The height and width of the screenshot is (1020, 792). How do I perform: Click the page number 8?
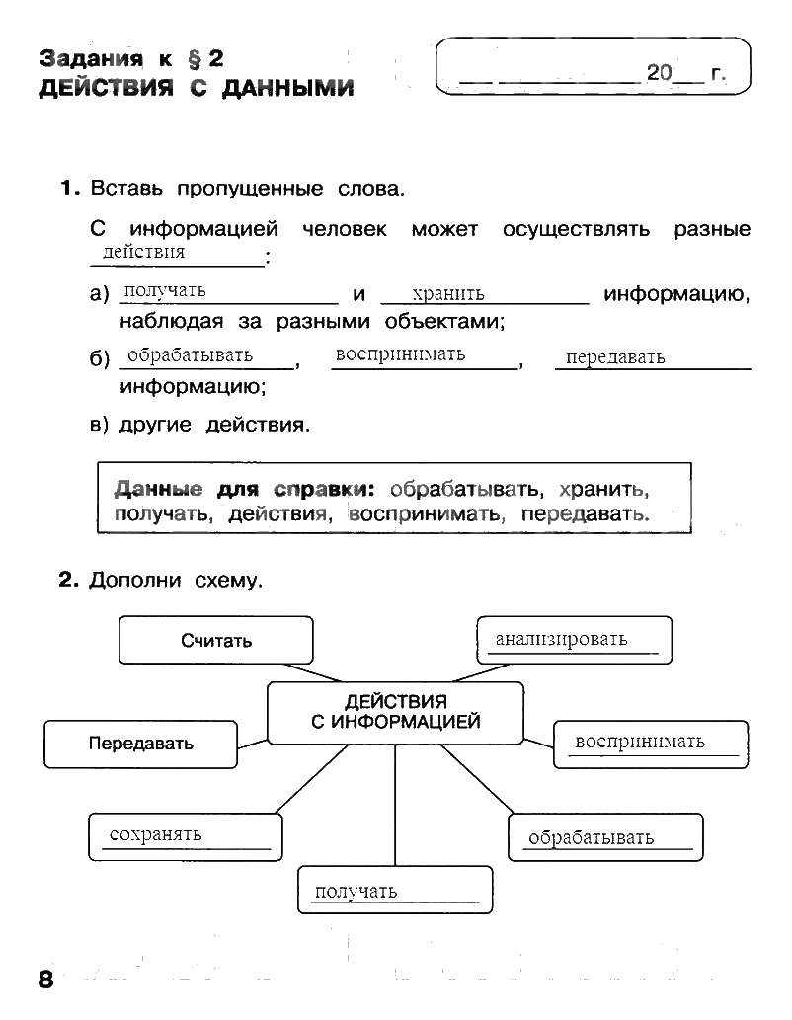click(45, 979)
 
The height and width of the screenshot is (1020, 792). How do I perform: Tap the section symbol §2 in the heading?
click(205, 59)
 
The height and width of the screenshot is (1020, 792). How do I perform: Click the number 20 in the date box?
click(659, 72)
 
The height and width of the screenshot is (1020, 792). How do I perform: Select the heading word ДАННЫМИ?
click(287, 88)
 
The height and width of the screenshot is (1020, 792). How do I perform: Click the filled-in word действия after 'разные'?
click(144, 252)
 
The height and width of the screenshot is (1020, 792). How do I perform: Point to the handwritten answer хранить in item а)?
click(448, 294)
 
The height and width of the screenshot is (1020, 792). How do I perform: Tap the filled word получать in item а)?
click(165, 290)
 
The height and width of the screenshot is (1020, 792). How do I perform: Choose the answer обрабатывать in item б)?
click(190, 355)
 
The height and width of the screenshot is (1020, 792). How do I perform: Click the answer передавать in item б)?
click(615, 357)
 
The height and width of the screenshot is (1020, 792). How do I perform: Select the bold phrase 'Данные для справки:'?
click(245, 489)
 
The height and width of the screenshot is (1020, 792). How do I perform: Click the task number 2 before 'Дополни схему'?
click(68, 579)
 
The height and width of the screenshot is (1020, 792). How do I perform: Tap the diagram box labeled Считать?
click(216, 640)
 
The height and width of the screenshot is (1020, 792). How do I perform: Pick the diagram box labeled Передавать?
click(140, 745)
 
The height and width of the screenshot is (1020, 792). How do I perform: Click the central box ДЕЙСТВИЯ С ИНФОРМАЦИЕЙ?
click(396, 713)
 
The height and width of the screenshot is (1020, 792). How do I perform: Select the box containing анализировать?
click(575, 640)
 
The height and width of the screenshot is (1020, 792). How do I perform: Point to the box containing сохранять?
click(186, 836)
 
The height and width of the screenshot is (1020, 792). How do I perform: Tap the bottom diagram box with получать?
click(395, 890)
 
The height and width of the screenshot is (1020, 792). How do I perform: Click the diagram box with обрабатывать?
click(606, 837)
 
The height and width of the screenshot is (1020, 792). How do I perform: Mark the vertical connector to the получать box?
click(395, 806)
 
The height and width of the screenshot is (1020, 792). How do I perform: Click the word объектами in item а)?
click(444, 321)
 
